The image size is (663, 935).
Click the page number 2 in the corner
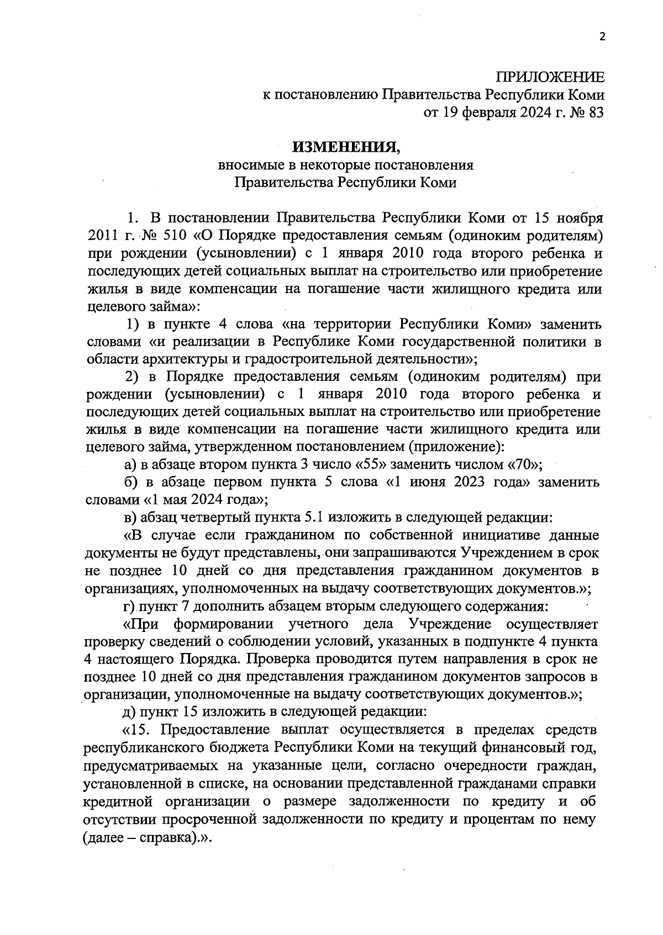pos(602,37)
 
